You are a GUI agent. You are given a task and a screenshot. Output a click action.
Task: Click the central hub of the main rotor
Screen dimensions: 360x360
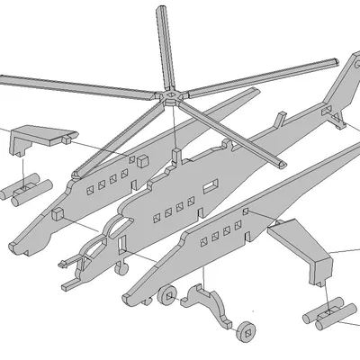pos(170,94)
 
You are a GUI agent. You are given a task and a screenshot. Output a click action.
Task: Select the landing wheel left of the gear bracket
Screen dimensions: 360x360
pos(166,294)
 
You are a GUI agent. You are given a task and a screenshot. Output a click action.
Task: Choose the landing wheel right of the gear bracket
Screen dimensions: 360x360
pos(245,330)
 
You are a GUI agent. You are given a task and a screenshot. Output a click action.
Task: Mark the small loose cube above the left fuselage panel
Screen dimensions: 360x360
pos(141,159)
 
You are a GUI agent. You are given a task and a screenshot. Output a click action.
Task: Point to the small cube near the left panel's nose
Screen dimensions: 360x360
pos(58,213)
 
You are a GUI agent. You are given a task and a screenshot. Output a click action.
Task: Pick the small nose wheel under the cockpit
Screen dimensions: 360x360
pos(123,267)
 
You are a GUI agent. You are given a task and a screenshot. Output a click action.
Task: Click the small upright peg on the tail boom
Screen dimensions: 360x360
pos(282,119)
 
